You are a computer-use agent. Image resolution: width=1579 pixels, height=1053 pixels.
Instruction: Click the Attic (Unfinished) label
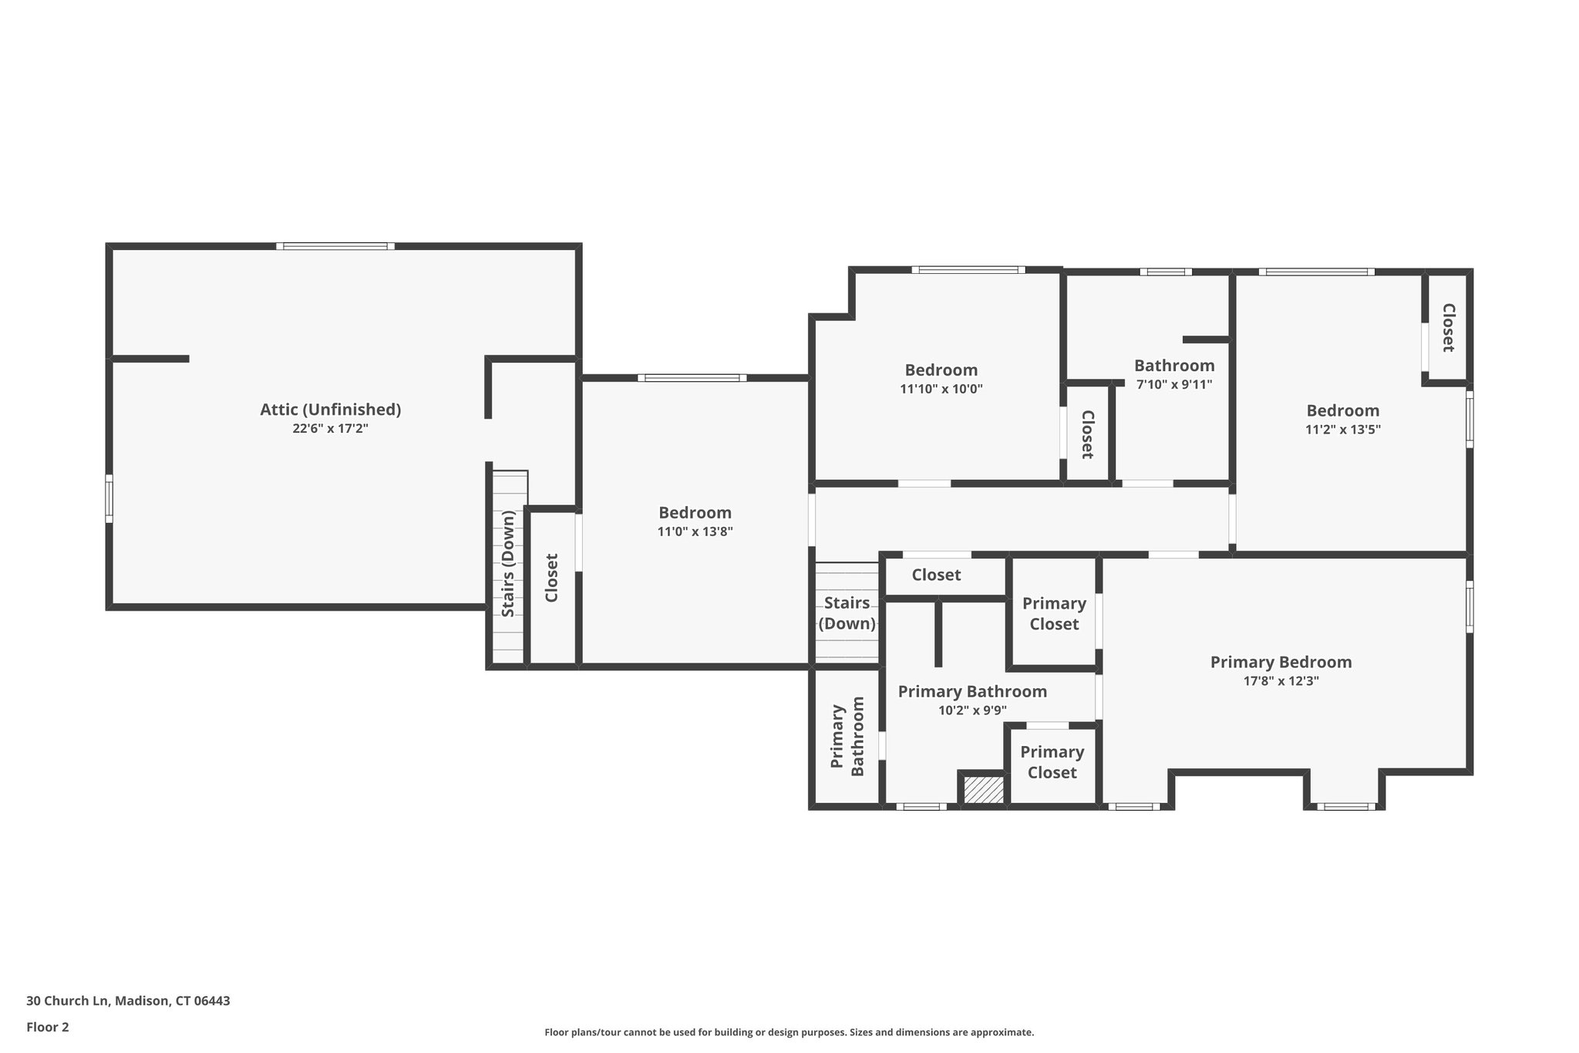pos(330,410)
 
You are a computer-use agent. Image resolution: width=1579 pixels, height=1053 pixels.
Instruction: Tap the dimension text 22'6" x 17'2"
pos(330,429)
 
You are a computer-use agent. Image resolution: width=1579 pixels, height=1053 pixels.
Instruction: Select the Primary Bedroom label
pos(1281,662)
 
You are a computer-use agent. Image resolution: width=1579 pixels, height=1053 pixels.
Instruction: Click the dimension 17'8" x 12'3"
pos(1281,681)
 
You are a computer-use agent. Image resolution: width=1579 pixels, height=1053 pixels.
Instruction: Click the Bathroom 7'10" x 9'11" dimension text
pos(1174,384)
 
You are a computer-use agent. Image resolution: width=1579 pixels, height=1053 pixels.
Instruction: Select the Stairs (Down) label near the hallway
pos(847,613)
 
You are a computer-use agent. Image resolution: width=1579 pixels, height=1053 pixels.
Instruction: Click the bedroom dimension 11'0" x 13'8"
pos(695,532)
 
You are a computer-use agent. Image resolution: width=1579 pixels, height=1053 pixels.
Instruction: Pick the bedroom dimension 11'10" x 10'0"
pos(941,390)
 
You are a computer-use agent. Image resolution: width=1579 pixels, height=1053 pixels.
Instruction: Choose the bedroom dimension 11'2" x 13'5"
pos(1342,430)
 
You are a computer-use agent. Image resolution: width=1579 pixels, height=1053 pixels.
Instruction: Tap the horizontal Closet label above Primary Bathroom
pos(936,575)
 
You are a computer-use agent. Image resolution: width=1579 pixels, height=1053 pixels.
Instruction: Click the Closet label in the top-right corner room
pos(1447,328)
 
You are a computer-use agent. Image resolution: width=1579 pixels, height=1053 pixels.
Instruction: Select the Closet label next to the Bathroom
pos(1087,434)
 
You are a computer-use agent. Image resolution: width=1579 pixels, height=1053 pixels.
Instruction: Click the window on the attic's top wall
pos(335,246)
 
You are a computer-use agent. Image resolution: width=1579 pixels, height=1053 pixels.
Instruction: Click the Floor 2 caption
pos(48,1027)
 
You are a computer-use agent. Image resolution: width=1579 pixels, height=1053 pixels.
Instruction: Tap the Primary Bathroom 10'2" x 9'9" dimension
pos(972,710)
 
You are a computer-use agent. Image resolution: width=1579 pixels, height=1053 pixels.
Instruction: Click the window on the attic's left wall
pos(109,498)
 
